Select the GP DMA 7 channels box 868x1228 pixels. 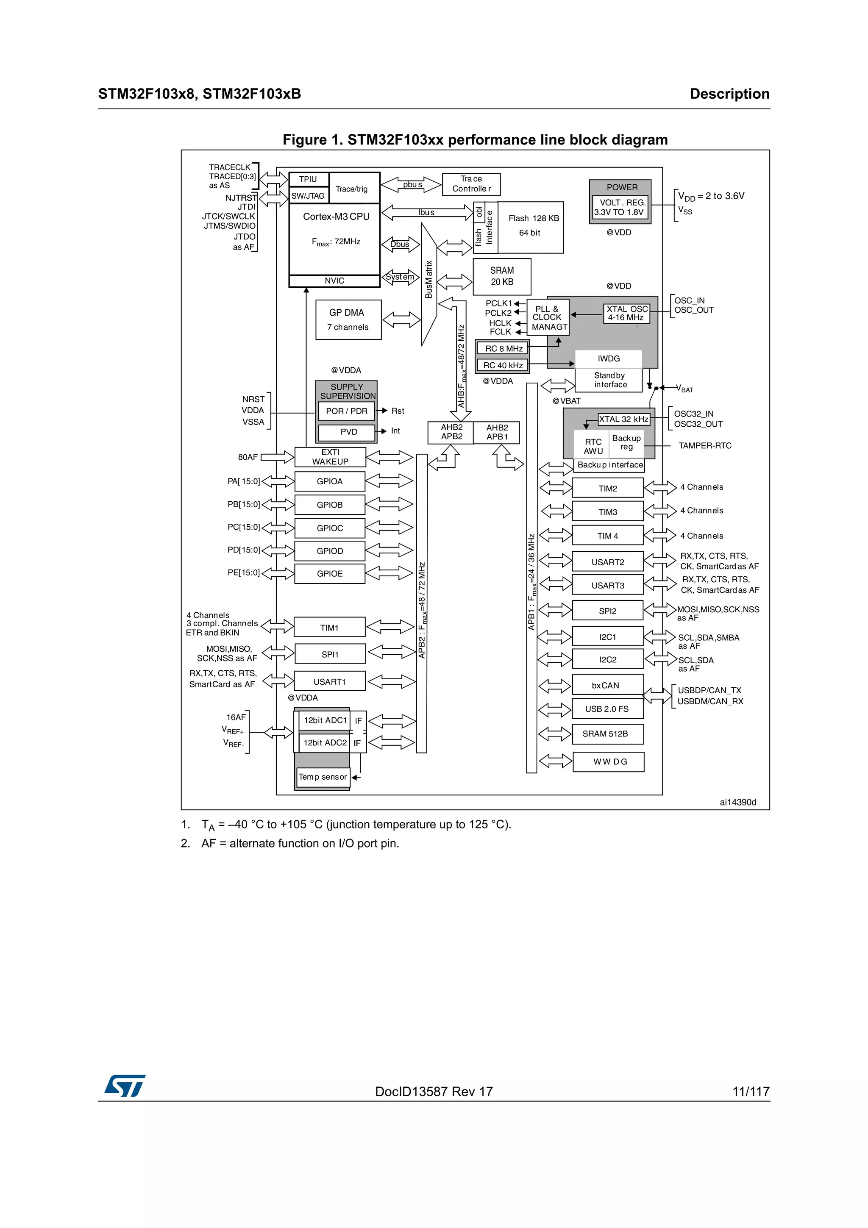(348, 320)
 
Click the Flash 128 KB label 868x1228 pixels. (533, 218)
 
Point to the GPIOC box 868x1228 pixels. (329, 528)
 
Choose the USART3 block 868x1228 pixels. (607, 585)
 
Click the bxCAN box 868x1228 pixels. (607, 685)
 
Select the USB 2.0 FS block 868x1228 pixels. (607, 708)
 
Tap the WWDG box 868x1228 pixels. (609, 761)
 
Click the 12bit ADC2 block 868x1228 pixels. (325, 743)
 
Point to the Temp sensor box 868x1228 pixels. (323, 777)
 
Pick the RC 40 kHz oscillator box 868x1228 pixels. (503, 365)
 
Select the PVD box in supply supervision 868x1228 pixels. (348, 432)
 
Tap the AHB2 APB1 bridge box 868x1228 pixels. (497, 432)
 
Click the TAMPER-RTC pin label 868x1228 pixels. (704, 445)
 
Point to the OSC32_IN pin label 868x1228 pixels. (693, 414)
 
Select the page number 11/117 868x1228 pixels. (750, 1092)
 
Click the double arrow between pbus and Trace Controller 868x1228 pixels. (411, 184)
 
